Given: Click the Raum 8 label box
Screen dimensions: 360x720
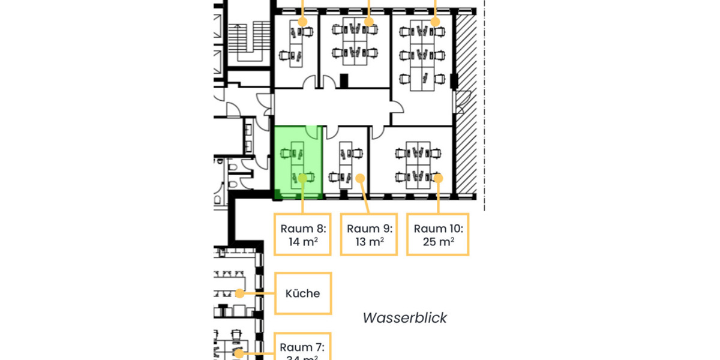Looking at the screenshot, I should tap(303, 235).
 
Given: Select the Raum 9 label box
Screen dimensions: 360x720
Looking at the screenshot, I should tap(369, 235).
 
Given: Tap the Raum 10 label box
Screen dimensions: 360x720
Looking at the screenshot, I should tap(438, 235).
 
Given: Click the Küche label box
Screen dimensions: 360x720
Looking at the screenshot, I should tap(303, 293).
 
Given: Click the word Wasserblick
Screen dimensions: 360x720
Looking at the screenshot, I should tap(404, 318).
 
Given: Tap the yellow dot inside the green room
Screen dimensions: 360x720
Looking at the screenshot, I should tap(303, 178).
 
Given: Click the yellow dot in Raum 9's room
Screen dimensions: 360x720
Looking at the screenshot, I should tap(360, 178).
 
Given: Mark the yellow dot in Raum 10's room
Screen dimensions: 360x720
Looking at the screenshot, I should tap(438, 178).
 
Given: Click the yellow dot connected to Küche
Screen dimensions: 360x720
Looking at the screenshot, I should tap(239, 293).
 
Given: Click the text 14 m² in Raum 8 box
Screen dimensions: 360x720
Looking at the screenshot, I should tap(303, 242).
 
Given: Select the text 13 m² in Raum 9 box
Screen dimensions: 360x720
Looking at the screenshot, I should tap(369, 242).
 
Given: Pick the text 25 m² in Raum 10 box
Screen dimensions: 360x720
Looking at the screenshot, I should tap(438, 242).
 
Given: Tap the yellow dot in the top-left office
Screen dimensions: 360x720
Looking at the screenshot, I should tap(303, 22).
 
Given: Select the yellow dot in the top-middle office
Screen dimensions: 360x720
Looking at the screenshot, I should tap(369, 22).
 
